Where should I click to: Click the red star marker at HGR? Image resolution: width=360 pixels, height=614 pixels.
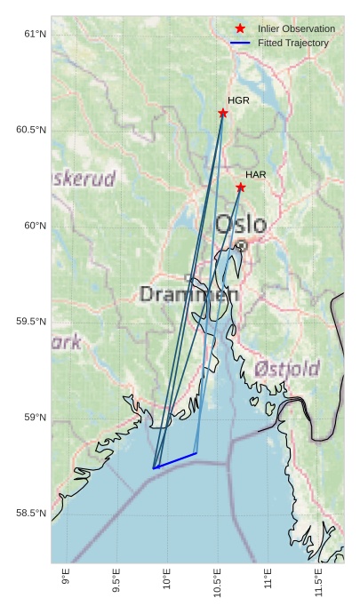pyautogui.click(x=223, y=113)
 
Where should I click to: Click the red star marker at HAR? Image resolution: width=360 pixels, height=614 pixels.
pyautogui.click(x=241, y=187)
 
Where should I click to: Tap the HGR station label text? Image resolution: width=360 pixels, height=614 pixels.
pyautogui.click(x=238, y=100)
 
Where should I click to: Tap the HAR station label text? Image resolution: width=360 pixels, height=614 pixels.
pyautogui.click(x=256, y=174)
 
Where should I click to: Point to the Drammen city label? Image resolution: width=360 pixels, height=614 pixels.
pyautogui.click(x=188, y=294)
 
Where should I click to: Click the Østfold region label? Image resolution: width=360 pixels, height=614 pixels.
pyautogui.click(x=286, y=368)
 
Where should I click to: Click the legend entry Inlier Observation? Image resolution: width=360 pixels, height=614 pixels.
pyautogui.click(x=296, y=29)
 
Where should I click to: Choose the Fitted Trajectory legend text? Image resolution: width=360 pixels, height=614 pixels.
pyautogui.click(x=293, y=43)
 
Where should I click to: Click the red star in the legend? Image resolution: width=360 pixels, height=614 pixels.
pyautogui.click(x=240, y=29)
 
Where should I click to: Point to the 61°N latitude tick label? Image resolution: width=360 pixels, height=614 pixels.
pyautogui.click(x=35, y=34)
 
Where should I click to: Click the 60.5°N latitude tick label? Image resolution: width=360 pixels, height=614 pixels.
pyautogui.click(x=31, y=130)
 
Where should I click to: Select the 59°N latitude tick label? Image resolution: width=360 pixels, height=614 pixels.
pyautogui.click(x=35, y=418)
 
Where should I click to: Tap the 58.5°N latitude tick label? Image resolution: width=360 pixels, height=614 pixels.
pyautogui.click(x=31, y=514)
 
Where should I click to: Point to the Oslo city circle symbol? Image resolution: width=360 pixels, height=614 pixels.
pyautogui.click(x=241, y=245)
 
